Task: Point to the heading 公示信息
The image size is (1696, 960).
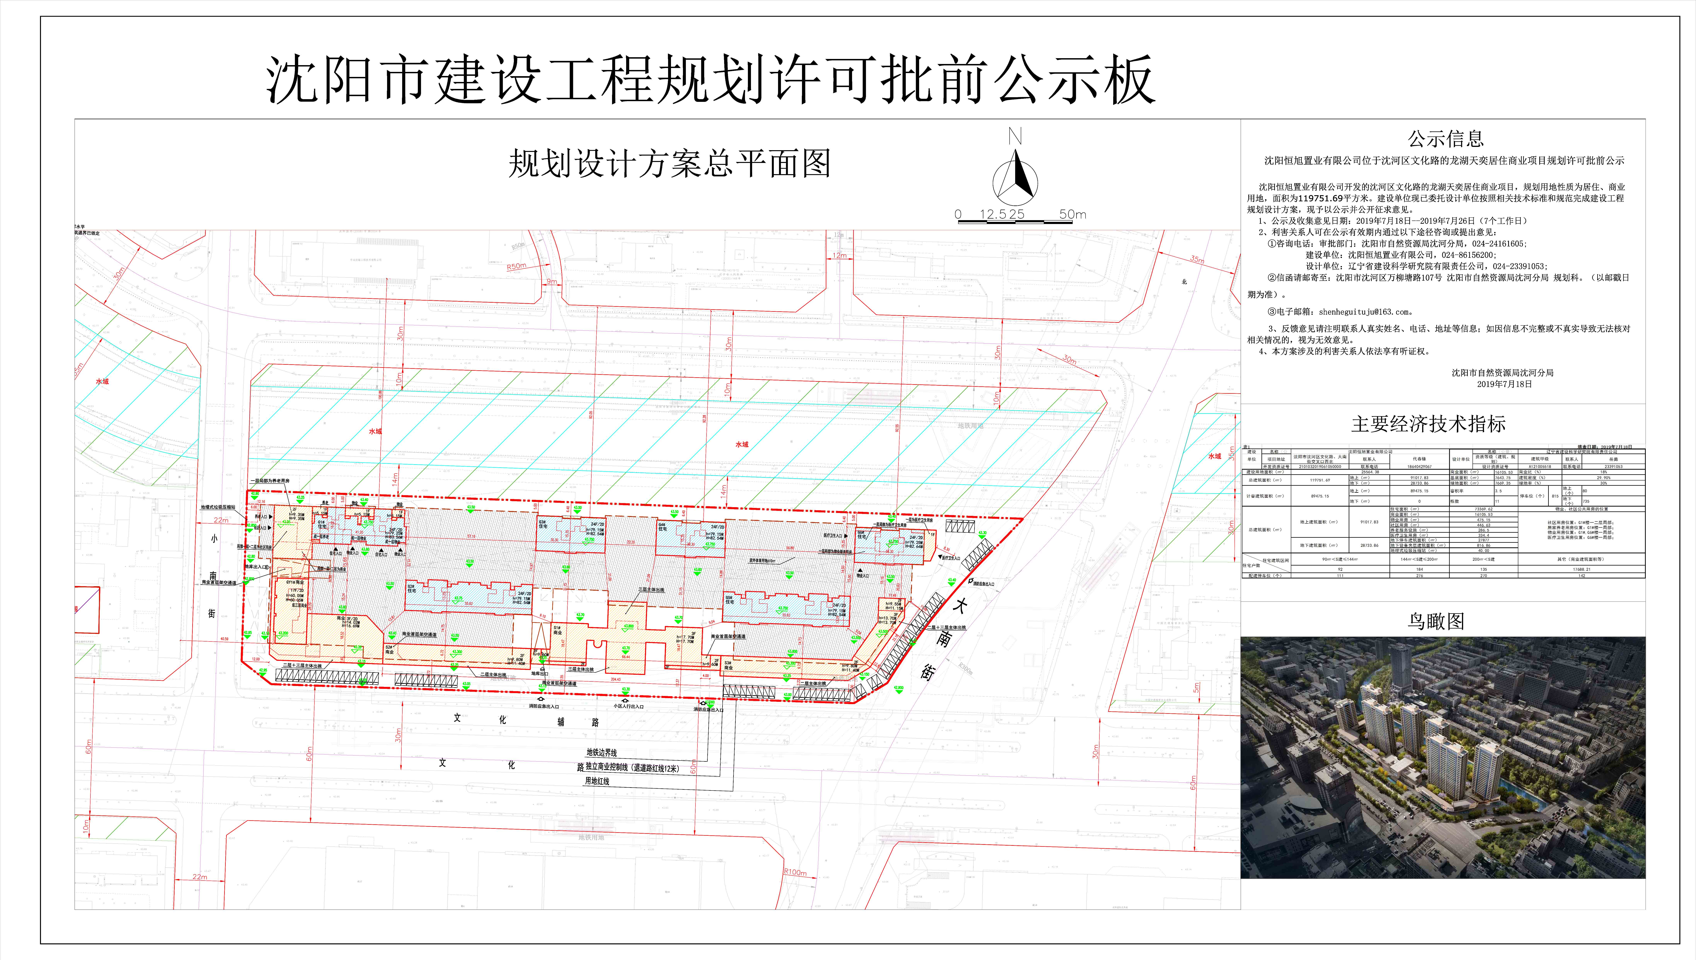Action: point(1446,139)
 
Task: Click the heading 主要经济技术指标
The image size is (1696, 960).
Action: point(1428,424)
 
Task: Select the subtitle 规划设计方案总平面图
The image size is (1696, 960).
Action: point(669,164)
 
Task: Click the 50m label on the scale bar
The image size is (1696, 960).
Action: point(1072,214)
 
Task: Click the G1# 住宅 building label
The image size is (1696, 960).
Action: point(322,524)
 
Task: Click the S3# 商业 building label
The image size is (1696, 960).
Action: point(728,665)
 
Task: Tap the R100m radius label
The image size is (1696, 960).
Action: point(795,872)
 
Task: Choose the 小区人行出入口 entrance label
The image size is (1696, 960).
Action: point(628,706)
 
